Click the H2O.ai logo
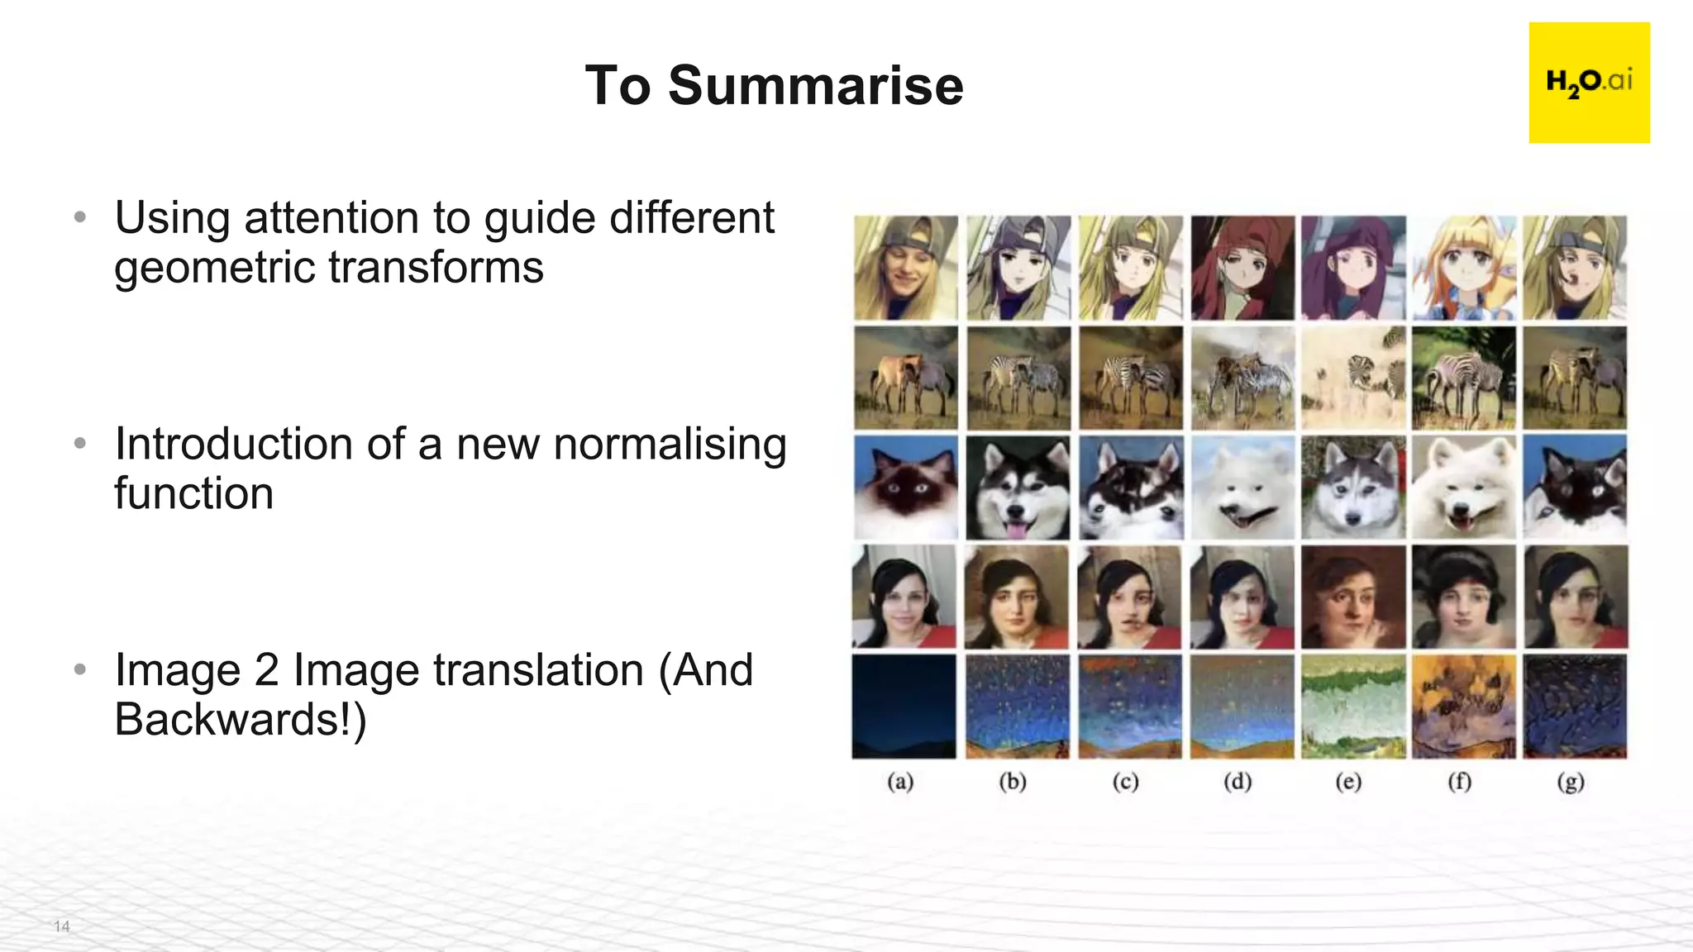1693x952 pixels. coord(1588,83)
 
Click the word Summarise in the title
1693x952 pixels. coord(815,86)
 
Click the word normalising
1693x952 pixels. coord(670,445)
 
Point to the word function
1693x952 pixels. coord(193,494)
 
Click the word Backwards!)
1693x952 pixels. coord(240,719)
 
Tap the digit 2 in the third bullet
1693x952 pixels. coord(266,670)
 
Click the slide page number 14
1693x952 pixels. coord(61,926)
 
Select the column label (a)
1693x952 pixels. coord(900,782)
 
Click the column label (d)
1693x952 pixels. coord(1238,782)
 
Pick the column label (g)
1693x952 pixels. coord(1571,782)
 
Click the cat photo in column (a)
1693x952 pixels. coord(905,488)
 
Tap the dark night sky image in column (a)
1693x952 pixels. coord(904,707)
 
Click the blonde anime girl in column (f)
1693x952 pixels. coord(1464,268)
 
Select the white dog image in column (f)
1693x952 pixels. coord(1464,488)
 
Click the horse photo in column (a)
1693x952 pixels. coord(905,378)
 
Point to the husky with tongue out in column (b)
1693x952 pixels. coord(1018,488)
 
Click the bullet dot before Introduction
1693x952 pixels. coord(80,444)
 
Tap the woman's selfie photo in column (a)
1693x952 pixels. coord(904,597)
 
